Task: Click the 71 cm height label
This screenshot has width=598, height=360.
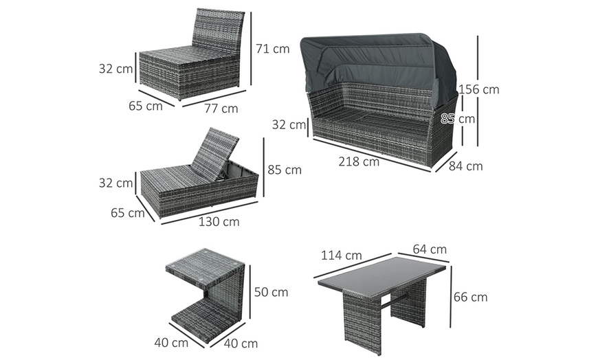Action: tap(272, 49)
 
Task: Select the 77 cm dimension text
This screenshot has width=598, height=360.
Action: tap(221, 108)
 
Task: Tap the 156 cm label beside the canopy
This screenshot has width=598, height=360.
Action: tap(479, 89)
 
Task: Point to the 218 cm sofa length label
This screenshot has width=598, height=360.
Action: tap(359, 162)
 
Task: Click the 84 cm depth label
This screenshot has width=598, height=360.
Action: tap(466, 166)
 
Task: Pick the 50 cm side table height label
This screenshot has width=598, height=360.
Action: tap(271, 292)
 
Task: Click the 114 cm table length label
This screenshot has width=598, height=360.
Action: tap(341, 256)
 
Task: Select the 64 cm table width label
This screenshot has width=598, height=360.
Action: tap(430, 249)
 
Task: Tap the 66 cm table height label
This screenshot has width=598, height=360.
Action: tap(470, 297)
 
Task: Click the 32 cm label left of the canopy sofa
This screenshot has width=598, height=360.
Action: tap(288, 125)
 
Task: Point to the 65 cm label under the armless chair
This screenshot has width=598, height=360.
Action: tap(145, 106)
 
